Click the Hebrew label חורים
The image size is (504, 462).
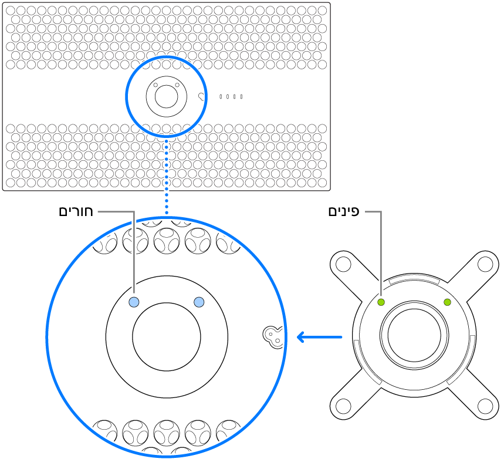[x=76, y=211]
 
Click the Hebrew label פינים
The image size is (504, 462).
[x=344, y=211]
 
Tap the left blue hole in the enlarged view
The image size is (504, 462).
[x=134, y=302]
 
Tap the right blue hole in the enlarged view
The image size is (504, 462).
[x=198, y=302]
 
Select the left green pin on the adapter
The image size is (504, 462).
[x=381, y=302]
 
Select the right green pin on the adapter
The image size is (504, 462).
[x=448, y=302]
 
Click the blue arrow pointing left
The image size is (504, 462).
[x=319, y=337]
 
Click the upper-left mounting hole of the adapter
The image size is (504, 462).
[x=343, y=263]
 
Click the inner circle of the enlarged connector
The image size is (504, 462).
[x=167, y=336]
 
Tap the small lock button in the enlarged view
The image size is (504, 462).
[x=272, y=335]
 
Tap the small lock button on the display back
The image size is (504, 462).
[x=202, y=96]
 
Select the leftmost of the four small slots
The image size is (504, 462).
[x=221, y=96]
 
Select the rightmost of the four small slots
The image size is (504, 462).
[x=241, y=96]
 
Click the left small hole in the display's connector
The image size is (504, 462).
[x=156, y=85]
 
